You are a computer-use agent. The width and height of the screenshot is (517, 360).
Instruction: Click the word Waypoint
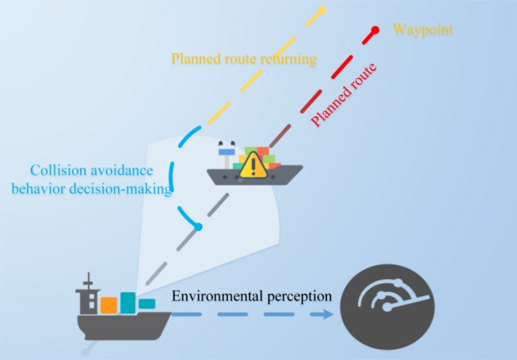coord(423,30)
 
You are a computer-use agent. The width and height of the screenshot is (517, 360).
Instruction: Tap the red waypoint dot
coord(375,30)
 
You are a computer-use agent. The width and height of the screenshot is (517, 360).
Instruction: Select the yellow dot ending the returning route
coord(323,10)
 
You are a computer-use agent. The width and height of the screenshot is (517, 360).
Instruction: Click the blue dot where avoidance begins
coord(198,227)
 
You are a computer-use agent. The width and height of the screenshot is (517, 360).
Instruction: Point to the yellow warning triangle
coord(253,165)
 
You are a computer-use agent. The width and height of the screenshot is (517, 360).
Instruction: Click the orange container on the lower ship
coord(109,305)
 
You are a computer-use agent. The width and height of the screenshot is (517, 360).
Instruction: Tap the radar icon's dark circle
coord(387,307)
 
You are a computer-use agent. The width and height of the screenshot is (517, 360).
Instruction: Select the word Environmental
coord(218,296)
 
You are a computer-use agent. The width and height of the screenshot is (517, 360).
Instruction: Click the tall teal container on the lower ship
coord(128,303)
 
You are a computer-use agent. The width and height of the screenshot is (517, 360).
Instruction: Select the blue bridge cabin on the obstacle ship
coord(227,151)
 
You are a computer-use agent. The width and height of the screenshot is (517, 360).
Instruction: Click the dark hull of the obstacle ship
coord(255,175)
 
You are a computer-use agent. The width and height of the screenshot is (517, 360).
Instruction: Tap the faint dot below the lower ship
coord(86,353)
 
